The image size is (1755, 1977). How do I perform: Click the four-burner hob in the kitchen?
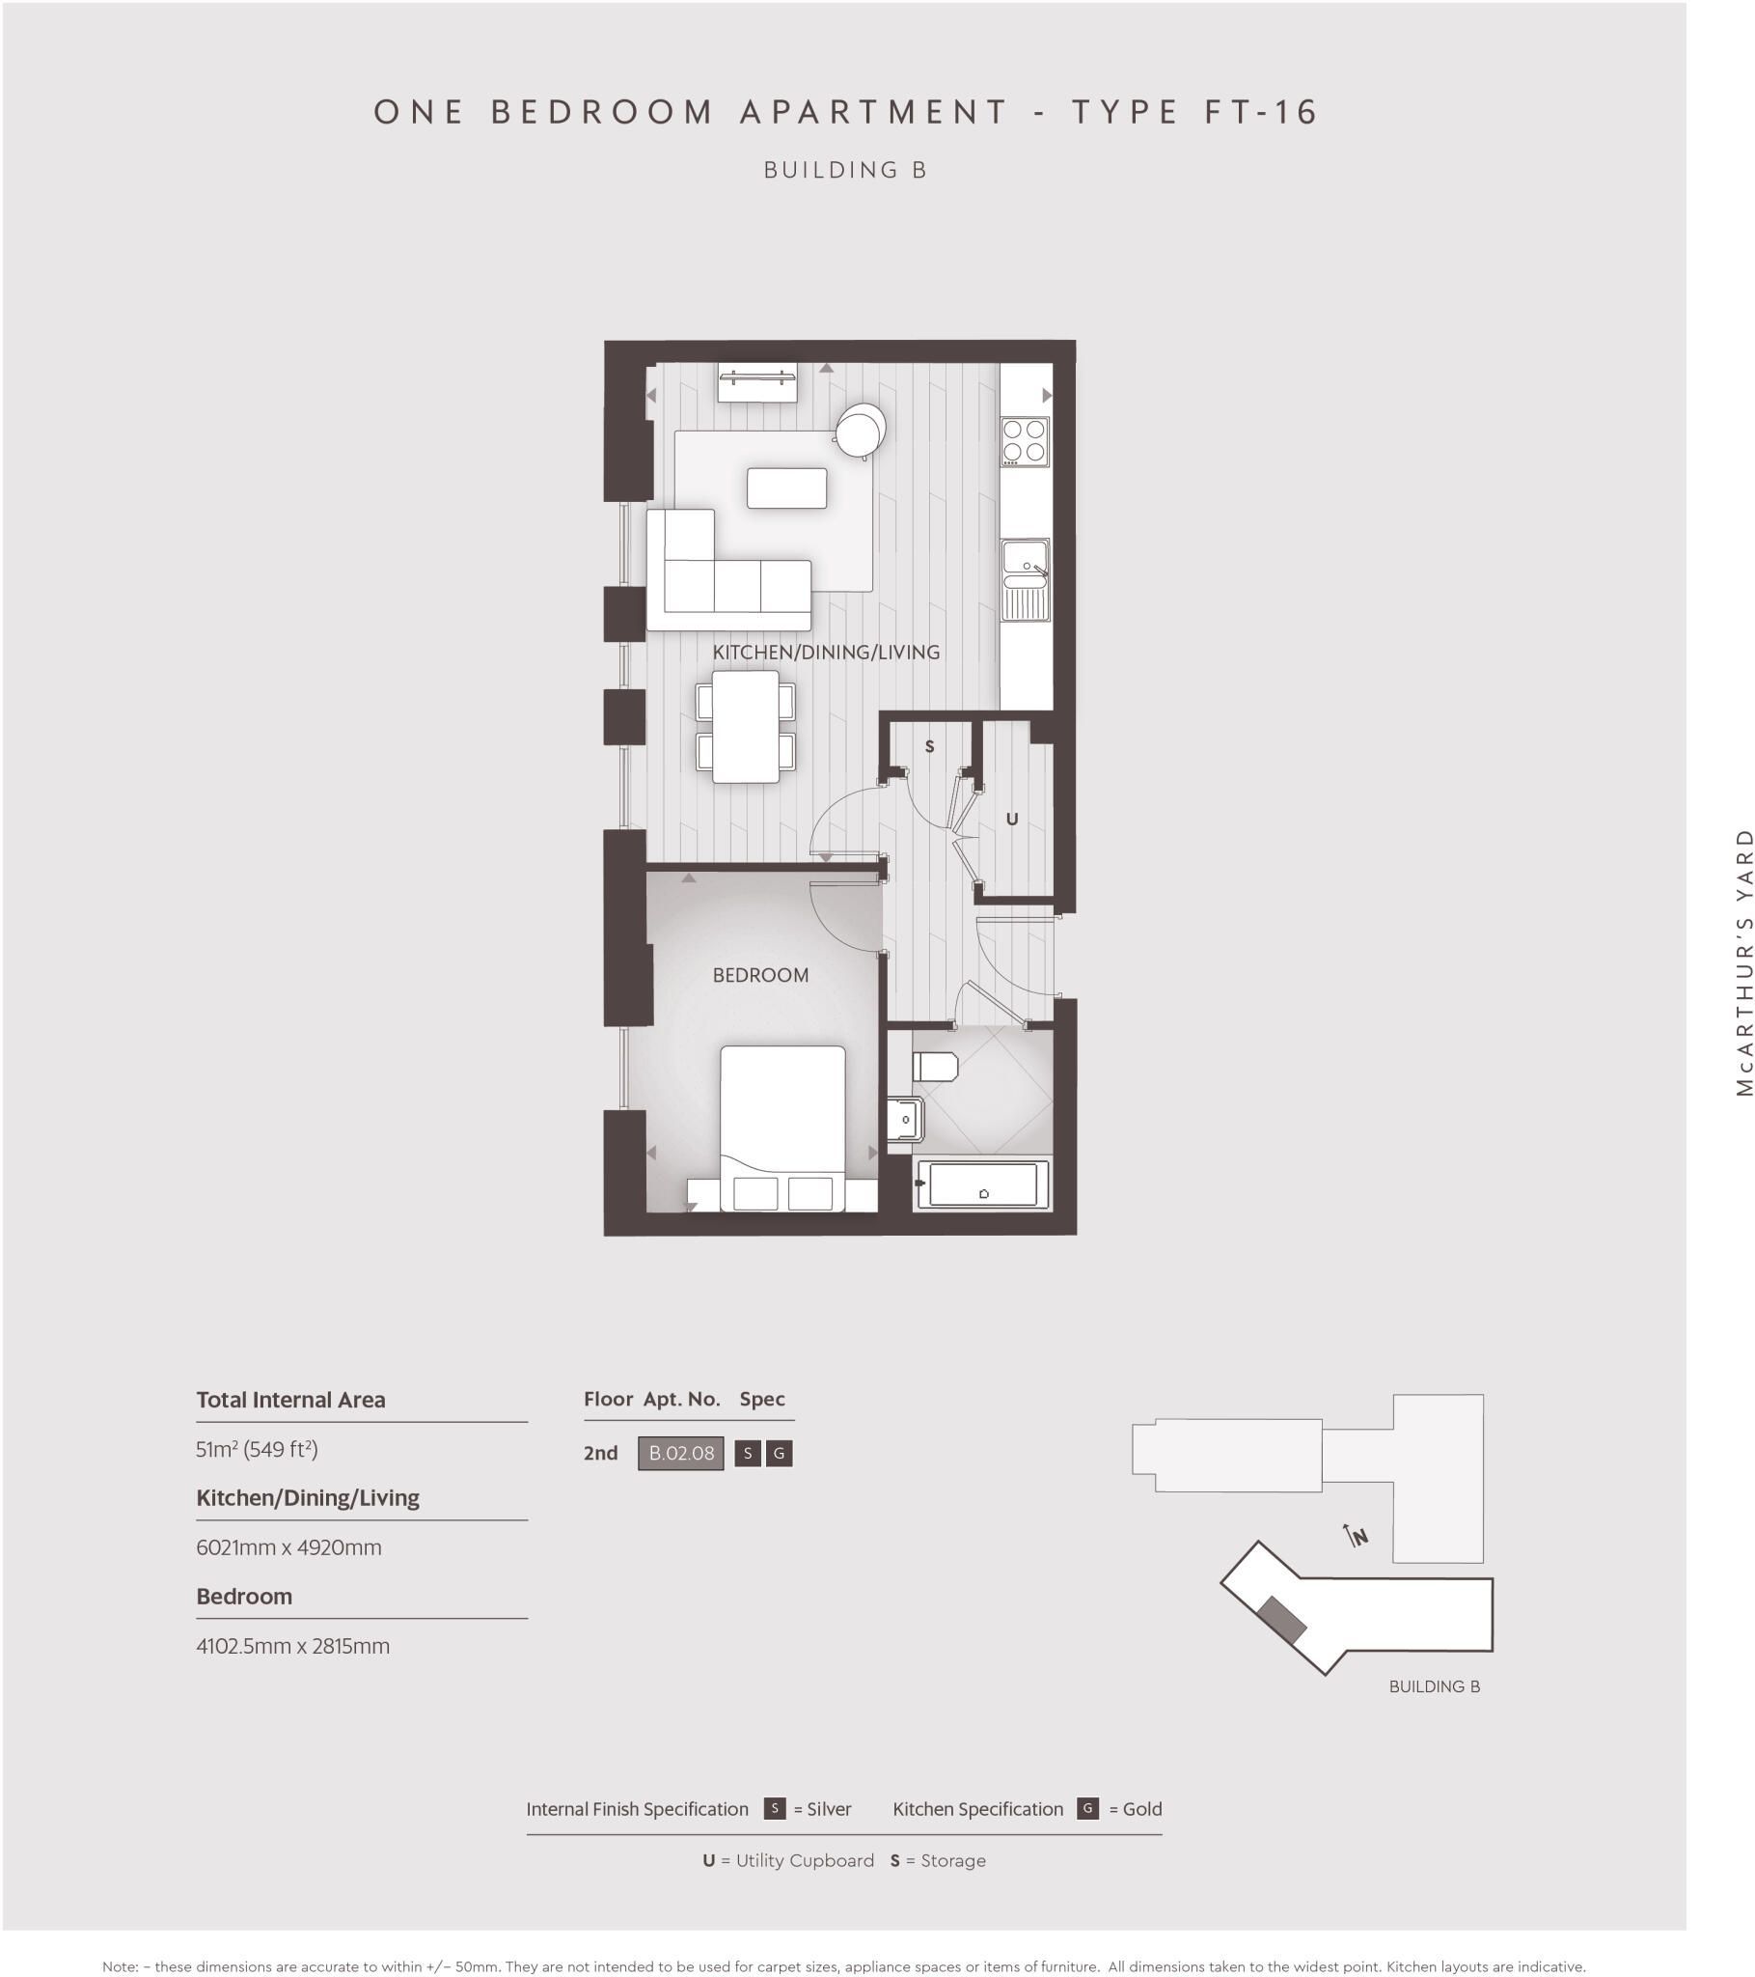click(1024, 441)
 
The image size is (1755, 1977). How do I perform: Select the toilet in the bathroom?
click(934, 1066)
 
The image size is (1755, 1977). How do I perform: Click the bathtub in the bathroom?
click(982, 1183)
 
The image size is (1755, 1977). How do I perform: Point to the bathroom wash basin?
click(905, 1119)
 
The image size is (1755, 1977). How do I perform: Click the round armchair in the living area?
click(860, 431)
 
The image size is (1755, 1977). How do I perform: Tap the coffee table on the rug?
click(786, 488)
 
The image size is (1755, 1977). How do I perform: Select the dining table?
click(746, 726)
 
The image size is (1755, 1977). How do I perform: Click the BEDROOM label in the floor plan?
click(760, 975)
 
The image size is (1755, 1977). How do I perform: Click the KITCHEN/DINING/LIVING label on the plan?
click(826, 652)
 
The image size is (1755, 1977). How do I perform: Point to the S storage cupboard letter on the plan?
click(929, 747)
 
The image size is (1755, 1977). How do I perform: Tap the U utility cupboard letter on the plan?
click(1011, 820)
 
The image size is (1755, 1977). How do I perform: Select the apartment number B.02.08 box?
click(681, 1453)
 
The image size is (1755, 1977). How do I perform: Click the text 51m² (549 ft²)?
click(257, 1449)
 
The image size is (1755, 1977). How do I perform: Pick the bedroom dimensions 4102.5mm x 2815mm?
click(293, 1646)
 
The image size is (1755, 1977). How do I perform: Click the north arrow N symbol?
click(1357, 1536)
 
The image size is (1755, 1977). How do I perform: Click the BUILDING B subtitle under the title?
click(846, 170)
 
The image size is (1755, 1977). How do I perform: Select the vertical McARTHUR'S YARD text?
click(1743, 961)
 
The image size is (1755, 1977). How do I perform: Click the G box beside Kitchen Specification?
click(1086, 1809)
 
